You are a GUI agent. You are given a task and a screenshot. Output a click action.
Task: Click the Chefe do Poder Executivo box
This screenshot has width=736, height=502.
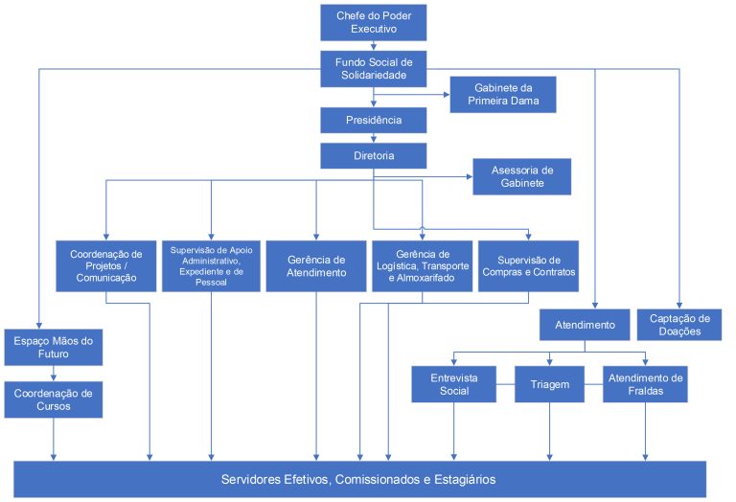coord(373,23)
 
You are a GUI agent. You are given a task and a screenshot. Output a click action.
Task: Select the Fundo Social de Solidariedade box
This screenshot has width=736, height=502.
coord(373,69)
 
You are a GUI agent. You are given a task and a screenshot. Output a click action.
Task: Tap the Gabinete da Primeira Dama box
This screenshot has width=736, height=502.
coord(502,95)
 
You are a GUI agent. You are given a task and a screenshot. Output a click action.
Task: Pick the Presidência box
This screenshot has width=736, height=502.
coord(373,121)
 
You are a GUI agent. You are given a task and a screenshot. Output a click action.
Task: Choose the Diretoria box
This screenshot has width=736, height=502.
coord(373,154)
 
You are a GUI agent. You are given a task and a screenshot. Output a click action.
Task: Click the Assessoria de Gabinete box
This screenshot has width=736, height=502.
coord(520,176)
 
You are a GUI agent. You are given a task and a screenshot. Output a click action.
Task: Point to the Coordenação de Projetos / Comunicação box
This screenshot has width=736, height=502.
coord(105,266)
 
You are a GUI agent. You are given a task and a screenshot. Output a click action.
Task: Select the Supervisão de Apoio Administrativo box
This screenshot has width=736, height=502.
coord(211,266)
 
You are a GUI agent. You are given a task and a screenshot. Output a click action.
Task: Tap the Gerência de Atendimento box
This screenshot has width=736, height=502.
coord(316,266)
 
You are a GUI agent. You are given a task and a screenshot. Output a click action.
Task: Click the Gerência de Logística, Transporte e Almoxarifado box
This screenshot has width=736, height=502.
coord(422,266)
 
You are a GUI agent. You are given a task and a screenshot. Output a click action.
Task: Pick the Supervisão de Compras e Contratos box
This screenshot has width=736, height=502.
coord(528,266)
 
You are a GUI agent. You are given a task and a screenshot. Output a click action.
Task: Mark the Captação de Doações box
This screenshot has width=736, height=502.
coord(679,325)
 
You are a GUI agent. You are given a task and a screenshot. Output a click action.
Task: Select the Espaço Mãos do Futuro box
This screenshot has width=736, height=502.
coord(54,347)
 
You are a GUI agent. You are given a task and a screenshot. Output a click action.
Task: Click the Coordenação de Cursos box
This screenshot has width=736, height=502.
coord(54,399)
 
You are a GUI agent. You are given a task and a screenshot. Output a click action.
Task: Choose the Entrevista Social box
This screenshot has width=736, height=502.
coord(454,384)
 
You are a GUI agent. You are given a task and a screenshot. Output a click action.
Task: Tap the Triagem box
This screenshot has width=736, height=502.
coord(549,384)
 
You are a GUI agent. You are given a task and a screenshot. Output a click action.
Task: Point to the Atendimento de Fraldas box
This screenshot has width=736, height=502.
coord(644,384)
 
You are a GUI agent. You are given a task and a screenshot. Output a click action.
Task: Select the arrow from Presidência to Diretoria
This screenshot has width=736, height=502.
coord(373,138)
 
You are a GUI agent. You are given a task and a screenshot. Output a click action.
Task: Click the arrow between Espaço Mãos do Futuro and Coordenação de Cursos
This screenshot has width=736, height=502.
coord(54,374)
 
